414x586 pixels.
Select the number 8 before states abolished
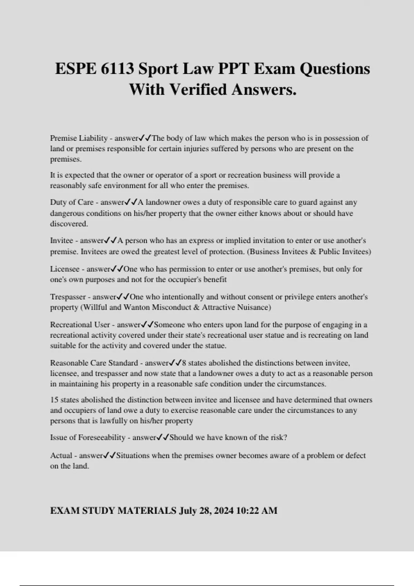coord(184,363)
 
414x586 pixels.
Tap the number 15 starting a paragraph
coord(54,400)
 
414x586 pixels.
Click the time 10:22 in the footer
coord(248,511)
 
